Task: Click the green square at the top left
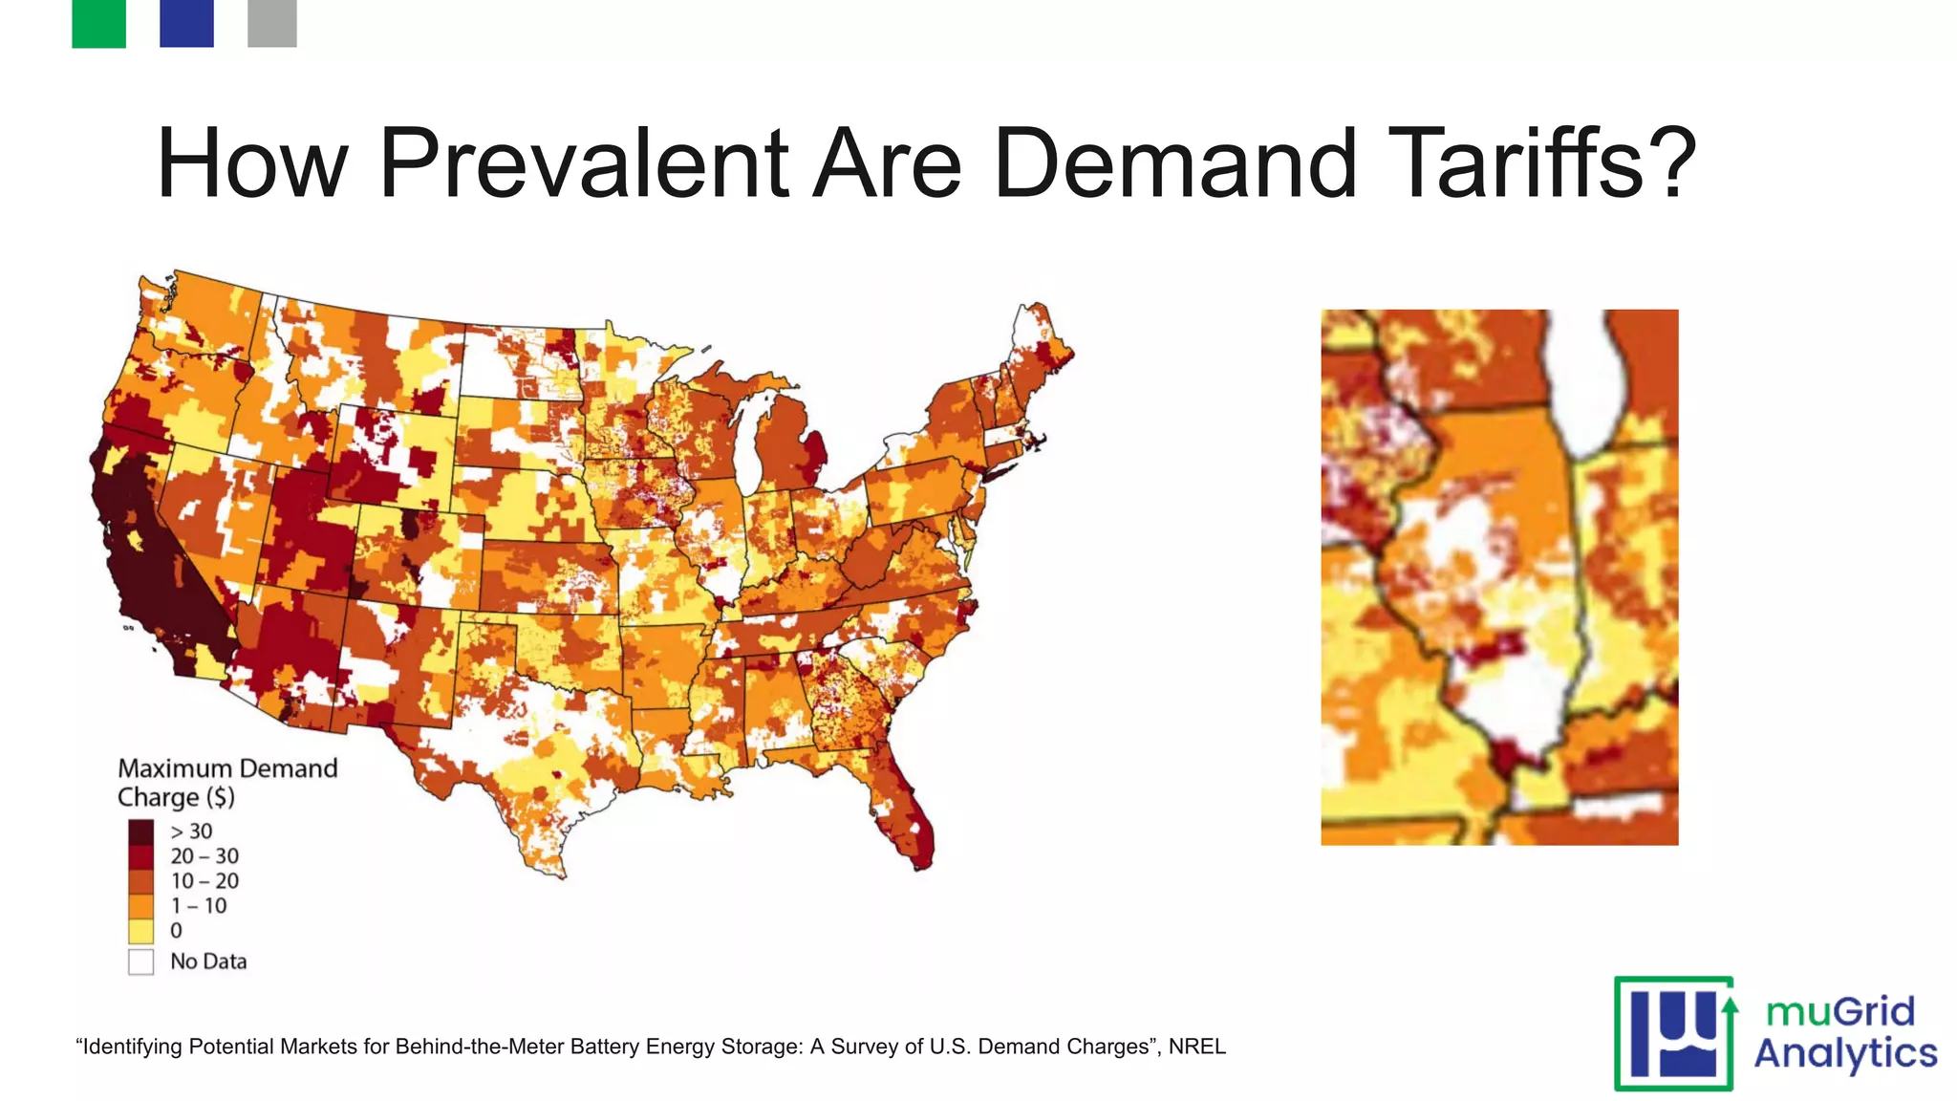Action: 98,23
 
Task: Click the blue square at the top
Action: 186,23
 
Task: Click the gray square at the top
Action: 272,23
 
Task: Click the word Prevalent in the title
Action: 583,163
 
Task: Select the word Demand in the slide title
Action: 1175,163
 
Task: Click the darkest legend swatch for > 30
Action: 140,831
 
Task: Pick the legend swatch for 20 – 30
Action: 140,856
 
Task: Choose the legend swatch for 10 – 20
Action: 140,881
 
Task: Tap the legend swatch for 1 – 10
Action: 140,906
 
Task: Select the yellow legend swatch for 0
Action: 140,931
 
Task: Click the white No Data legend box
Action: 140,961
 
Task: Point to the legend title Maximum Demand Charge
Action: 226,783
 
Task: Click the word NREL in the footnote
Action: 1196,1047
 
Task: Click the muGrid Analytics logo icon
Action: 1674,1034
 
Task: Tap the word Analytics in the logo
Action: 1845,1053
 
